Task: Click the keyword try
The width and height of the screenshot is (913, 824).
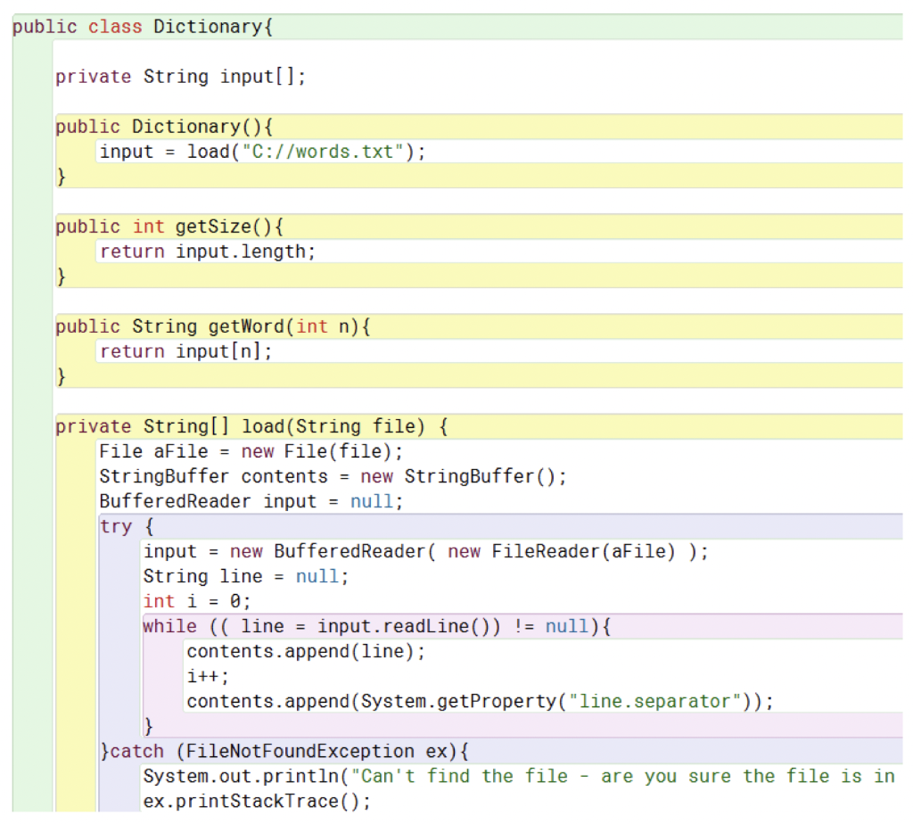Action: coord(116,526)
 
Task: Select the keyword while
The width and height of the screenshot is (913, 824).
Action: coord(169,626)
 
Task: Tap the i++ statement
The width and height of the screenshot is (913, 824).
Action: coord(203,676)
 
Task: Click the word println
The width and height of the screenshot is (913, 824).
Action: coord(296,776)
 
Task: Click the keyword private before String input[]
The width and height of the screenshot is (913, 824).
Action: coord(93,77)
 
